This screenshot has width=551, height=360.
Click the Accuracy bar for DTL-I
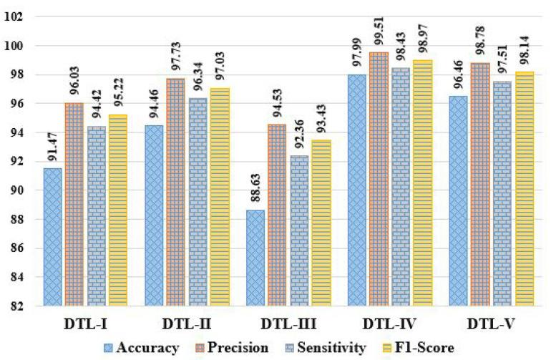(53, 237)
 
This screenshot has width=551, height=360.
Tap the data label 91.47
(53, 150)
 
